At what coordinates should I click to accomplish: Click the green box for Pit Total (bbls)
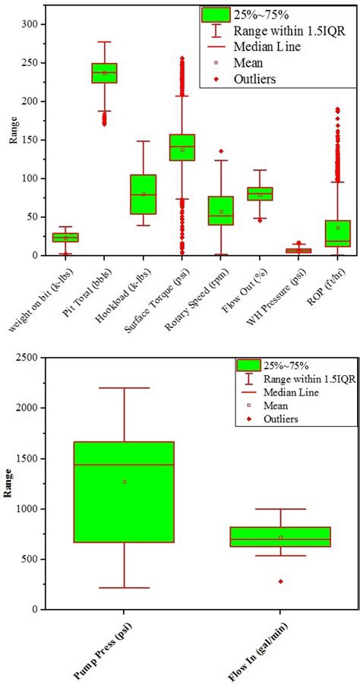[104, 73]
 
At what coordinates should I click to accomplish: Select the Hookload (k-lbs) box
[143, 194]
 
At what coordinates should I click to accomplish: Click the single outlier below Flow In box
[280, 581]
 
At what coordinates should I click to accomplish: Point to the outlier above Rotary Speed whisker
[221, 151]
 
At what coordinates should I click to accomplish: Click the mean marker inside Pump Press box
[124, 481]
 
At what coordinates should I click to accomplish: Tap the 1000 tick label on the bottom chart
[30, 509]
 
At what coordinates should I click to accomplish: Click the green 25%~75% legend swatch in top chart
[216, 14]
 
